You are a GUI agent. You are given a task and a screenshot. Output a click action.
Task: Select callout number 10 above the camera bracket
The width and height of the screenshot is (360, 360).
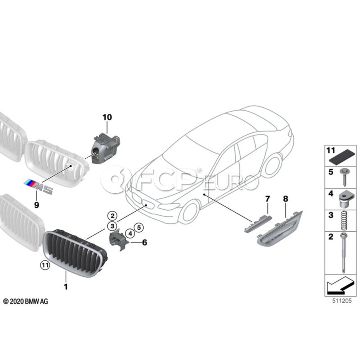[107, 117]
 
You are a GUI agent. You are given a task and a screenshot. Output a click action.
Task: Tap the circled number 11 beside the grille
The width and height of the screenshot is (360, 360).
[45, 266]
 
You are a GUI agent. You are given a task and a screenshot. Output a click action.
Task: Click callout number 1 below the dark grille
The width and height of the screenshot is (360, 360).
[66, 287]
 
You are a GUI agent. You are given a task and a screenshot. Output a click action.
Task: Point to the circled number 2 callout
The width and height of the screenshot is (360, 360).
[112, 216]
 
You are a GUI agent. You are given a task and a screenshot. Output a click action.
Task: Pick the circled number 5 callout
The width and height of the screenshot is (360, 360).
[139, 228]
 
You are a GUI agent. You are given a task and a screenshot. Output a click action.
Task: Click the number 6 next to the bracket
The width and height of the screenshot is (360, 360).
[145, 242]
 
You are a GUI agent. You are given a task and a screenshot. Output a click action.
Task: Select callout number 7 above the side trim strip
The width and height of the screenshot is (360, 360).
[268, 199]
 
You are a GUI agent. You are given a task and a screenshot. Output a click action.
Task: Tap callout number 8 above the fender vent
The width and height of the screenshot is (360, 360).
[286, 199]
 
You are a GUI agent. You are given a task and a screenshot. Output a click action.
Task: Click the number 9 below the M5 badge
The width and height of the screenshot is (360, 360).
[36, 205]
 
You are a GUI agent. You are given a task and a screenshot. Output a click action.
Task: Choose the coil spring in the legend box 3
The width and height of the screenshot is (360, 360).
[344, 221]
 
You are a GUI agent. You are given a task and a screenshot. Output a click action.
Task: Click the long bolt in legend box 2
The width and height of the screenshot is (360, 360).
[343, 253]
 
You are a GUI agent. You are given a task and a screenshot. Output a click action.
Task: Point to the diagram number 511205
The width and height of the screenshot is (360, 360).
[342, 301]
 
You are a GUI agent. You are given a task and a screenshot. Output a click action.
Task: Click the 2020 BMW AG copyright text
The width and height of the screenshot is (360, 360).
[26, 302]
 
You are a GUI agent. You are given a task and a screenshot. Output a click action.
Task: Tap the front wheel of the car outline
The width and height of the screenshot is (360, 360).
[188, 212]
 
